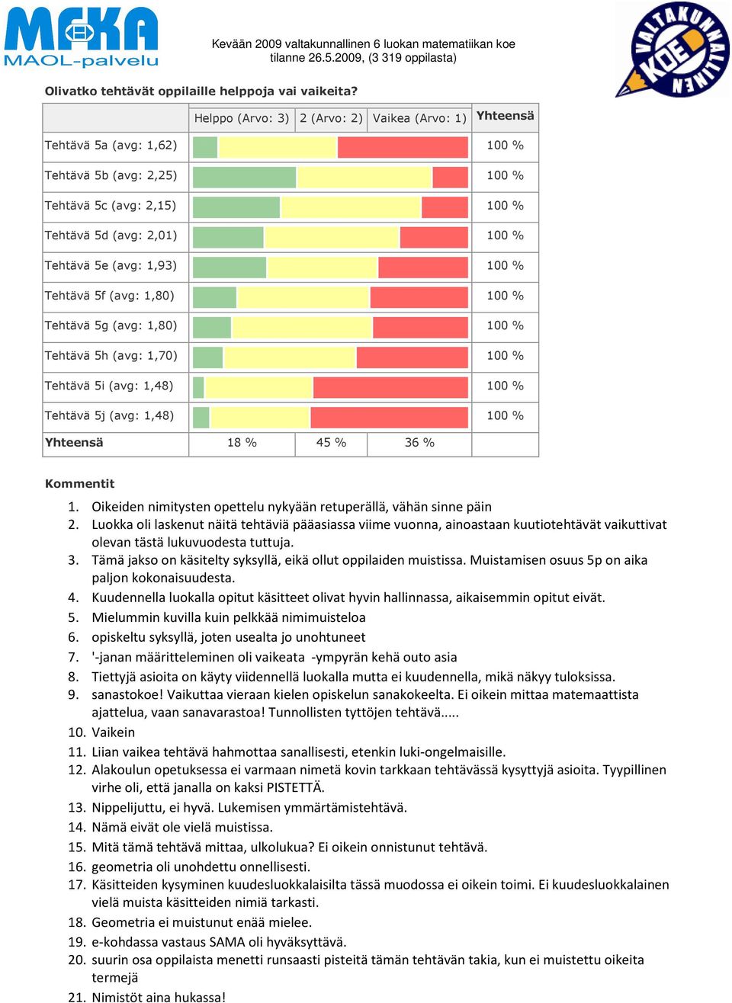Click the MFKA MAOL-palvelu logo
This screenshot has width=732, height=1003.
[81, 37]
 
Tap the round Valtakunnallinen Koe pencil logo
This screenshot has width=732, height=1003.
[673, 50]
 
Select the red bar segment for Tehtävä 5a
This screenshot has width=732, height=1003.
[403, 147]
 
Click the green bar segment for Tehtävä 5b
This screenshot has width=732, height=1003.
[245, 178]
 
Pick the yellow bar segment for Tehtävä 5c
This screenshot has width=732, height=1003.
[351, 207]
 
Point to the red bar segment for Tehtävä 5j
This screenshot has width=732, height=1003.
[390, 418]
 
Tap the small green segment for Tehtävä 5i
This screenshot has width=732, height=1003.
[198, 387]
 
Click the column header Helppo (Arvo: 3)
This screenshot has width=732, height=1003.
[242, 118]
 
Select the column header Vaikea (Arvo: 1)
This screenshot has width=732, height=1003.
[419, 118]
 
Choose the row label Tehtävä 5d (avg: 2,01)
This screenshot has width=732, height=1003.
[111, 235]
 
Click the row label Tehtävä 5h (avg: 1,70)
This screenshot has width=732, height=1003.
[111, 355]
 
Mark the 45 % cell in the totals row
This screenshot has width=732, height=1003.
[331, 442]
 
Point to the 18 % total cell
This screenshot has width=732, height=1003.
[242, 442]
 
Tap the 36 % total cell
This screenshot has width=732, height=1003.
[419, 442]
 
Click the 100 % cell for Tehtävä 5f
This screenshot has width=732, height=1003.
[505, 296]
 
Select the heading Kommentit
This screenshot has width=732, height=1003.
[80, 483]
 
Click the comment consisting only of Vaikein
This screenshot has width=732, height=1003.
[114, 732]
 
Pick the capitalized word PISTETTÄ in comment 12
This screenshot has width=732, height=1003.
[295, 787]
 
